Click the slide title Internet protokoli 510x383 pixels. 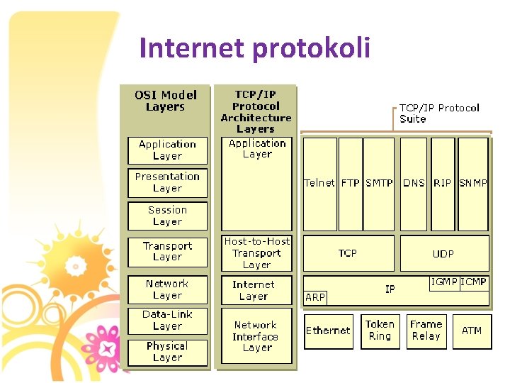[255, 48]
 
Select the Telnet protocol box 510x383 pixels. [319, 182]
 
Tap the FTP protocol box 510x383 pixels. [350, 182]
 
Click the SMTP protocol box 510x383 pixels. [379, 182]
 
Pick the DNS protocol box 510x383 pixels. [414, 182]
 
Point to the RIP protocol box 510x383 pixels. [443, 182]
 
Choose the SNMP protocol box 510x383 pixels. [473, 182]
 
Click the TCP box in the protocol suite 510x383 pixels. [348, 253]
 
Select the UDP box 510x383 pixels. [443, 253]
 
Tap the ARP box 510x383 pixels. [315, 297]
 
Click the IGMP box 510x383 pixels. [444, 282]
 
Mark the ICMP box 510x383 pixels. [474, 282]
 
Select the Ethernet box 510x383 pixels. [328, 331]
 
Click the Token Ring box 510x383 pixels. [380, 331]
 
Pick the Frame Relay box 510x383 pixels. [426, 331]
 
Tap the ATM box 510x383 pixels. [472, 331]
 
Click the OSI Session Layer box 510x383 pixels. [167, 216]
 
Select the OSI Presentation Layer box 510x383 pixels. [167, 182]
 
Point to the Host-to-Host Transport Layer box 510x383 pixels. [256, 253]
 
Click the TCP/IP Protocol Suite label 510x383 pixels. [439, 113]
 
